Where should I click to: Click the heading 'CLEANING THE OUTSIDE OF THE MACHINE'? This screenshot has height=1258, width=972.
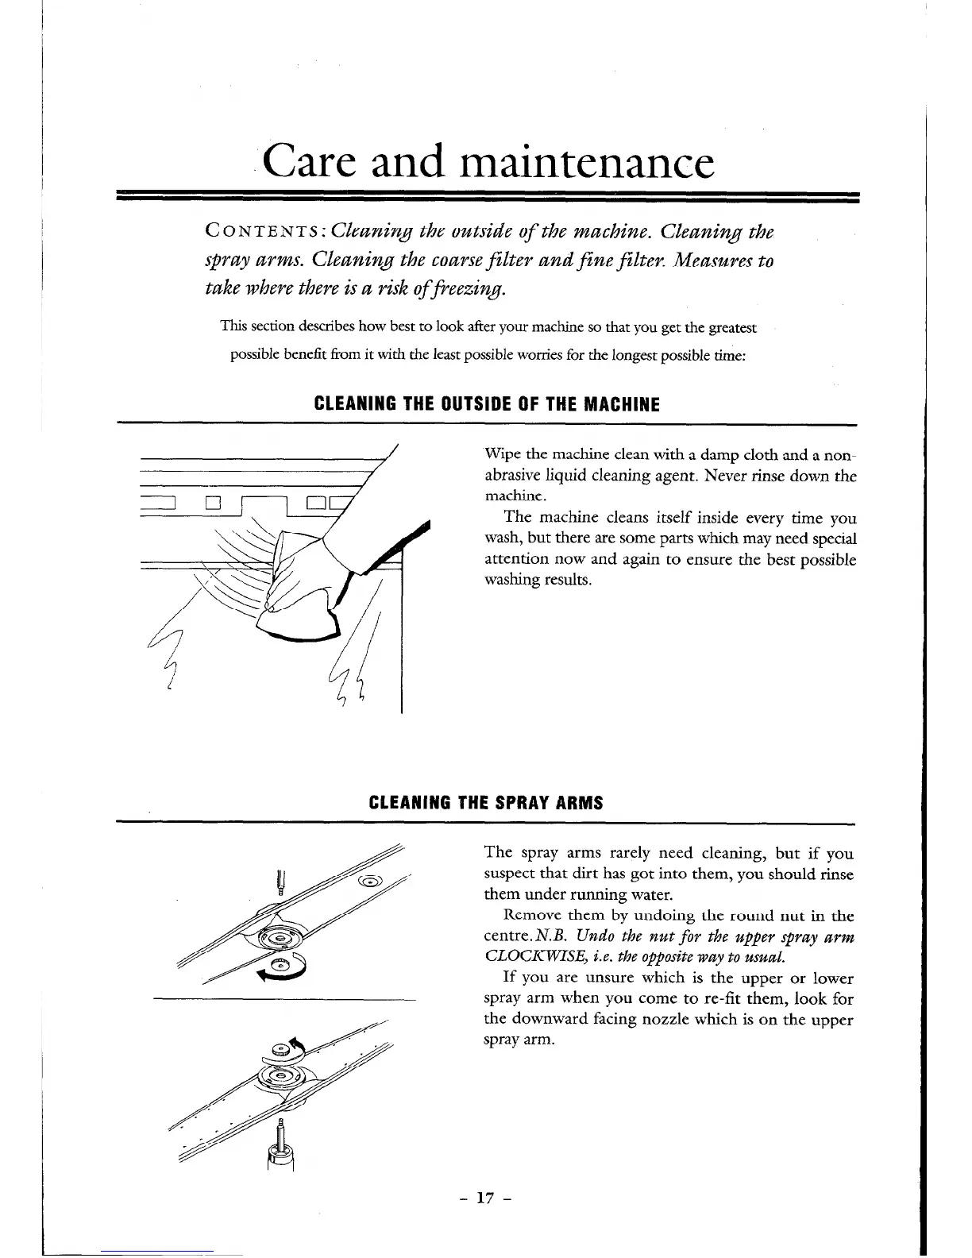[x=488, y=405]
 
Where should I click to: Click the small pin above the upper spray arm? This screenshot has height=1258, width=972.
[x=280, y=882]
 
